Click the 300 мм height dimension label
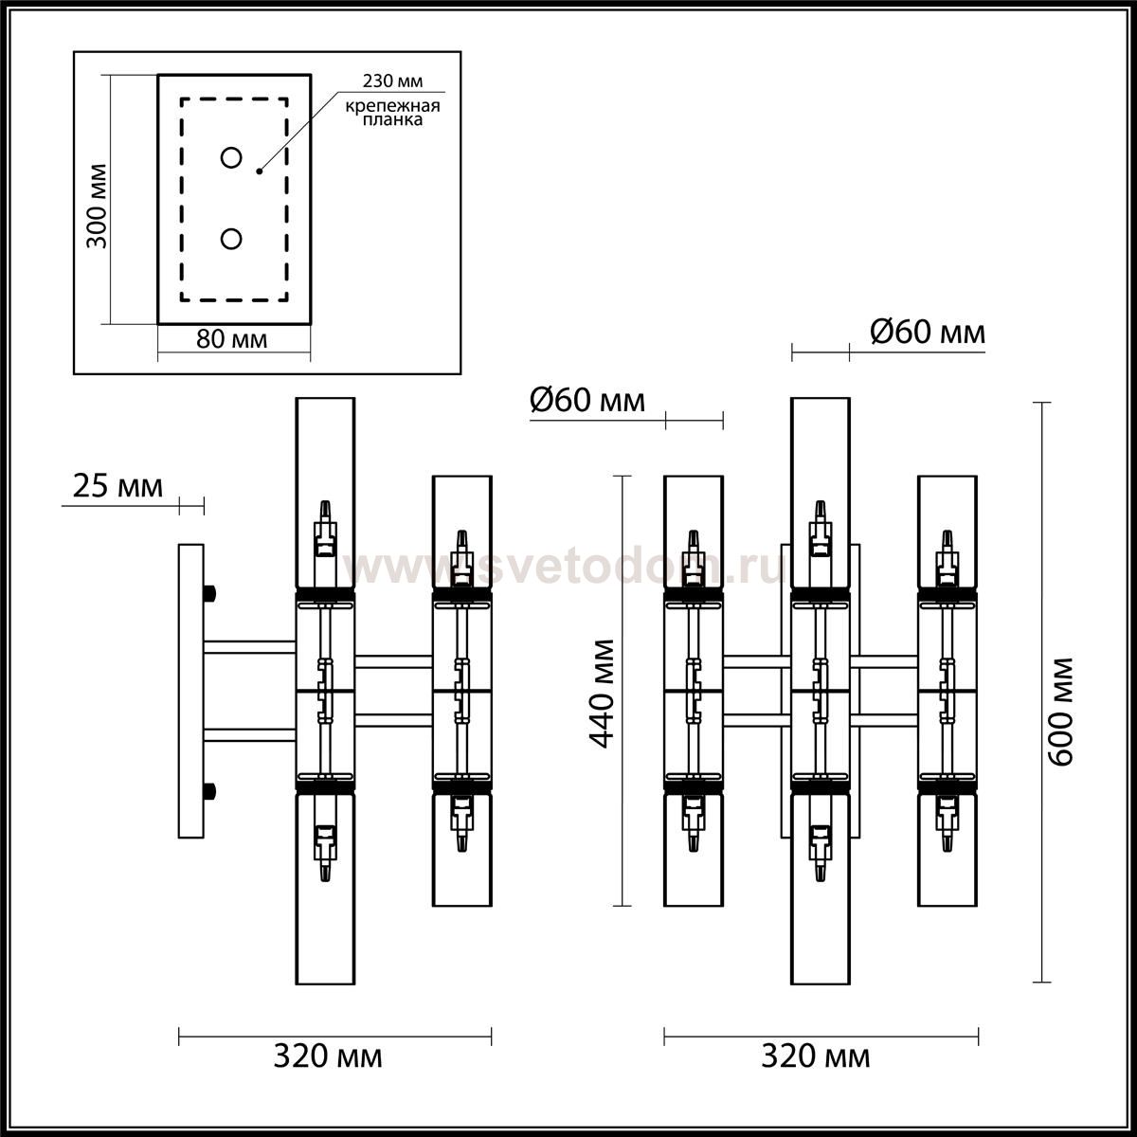pyautogui.click(x=98, y=206)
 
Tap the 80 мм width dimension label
pyautogui.click(x=231, y=339)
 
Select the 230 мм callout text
pyautogui.click(x=392, y=81)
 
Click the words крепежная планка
pyautogui.click(x=392, y=113)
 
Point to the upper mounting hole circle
pyautogui.click(x=231, y=157)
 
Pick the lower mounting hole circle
pyautogui.click(x=231, y=239)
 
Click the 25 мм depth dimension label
pyautogui.click(x=118, y=487)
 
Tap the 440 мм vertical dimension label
pyautogui.click(x=603, y=694)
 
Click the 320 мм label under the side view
pyautogui.click(x=328, y=1056)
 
